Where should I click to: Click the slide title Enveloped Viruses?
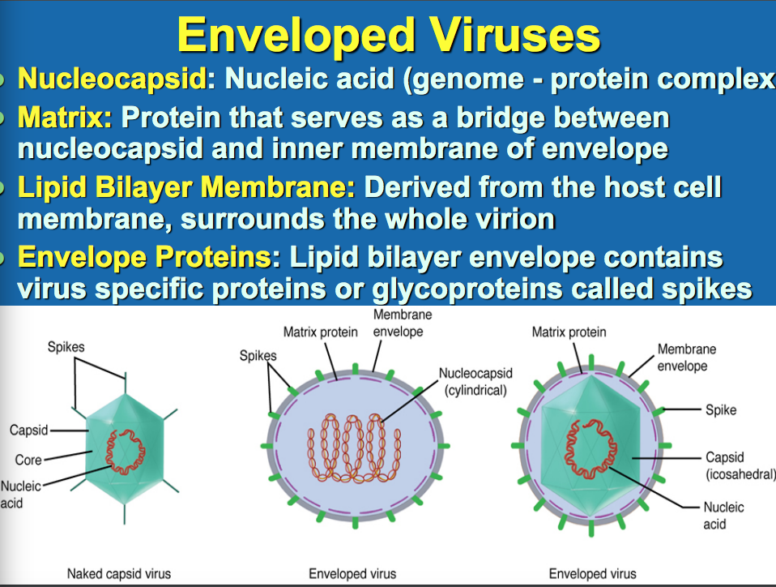point(388,34)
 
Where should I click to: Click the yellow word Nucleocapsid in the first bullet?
point(111,80)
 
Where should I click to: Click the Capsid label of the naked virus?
point(28,430)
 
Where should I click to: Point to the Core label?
point(28,461)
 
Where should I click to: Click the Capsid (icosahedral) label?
point(740,465)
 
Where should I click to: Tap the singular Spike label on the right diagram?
point(721,409)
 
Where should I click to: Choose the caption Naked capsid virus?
point(118,574)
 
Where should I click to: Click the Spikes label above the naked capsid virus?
point(66,347)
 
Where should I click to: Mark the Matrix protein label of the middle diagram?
point(321,332)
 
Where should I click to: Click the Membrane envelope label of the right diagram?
point(686,358)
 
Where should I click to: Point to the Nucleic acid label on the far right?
point(723,516)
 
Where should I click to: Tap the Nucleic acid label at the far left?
point(18,495)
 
